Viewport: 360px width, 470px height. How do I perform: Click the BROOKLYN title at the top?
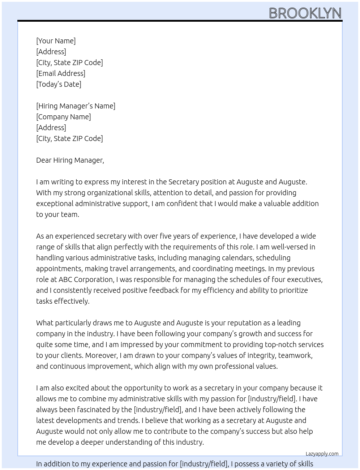[x=305, y=13]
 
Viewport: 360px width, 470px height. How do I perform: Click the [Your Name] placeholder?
[x=56, y=41]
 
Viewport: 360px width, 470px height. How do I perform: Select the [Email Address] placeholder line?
[x=61, y=73]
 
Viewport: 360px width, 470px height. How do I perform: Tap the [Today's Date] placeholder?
[x=59, y=84]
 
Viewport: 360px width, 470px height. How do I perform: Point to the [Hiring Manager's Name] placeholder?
[x=76, y=106]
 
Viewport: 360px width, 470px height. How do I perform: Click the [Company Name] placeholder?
[x=63, y=117]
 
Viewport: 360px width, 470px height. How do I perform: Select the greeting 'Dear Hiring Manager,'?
[x=70, y=160]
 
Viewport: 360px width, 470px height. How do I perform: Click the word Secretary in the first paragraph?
[x=184, y=182]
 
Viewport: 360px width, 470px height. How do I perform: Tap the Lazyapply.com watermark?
[x=322, y=454]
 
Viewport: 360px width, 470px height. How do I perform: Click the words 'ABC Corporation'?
[x=86, y=279]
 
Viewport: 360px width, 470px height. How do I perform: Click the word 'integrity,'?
[x=261, y=355]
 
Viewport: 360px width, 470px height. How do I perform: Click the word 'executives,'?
[x=304, y=279]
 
